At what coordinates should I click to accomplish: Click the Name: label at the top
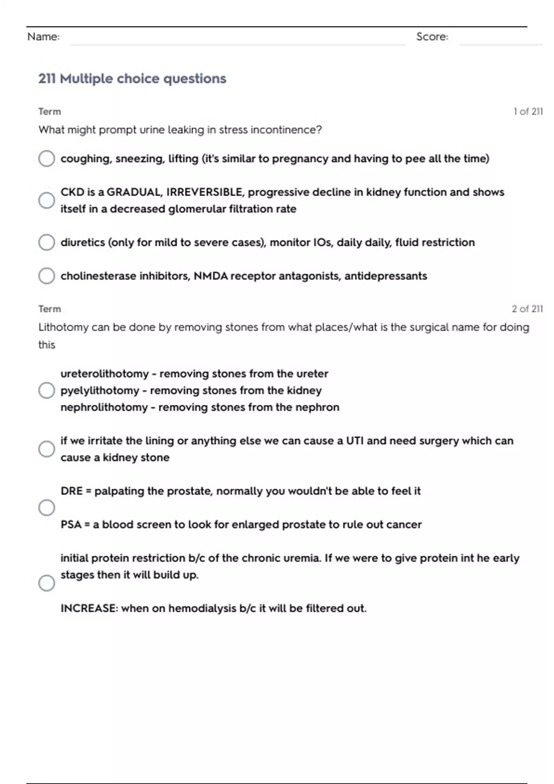tap(43, 37)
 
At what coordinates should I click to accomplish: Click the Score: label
tap(432, 37)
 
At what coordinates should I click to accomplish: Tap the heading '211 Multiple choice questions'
tap(132, 79)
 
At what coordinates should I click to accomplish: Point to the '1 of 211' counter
tap(528, 112)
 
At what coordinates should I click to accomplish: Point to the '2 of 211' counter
tap(527, 309)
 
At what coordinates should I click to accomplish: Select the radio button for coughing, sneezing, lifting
tap(47, 159)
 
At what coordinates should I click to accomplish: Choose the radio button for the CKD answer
tap(47, 200)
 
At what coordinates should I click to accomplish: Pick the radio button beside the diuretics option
tap(47, 242)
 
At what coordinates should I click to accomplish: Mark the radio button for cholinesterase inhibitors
tap(47, 276)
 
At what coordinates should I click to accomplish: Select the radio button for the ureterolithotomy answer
tap(47, 391)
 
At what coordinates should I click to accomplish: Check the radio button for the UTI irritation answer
tap(47, 449)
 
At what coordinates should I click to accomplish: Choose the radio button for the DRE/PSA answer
tap(47, 508)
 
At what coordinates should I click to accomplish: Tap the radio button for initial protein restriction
tap(47, 583)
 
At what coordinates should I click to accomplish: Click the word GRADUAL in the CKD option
tap(134, 192)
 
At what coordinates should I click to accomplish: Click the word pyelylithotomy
tap(100, 391)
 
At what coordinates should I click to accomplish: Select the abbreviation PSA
tap(71, 525)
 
